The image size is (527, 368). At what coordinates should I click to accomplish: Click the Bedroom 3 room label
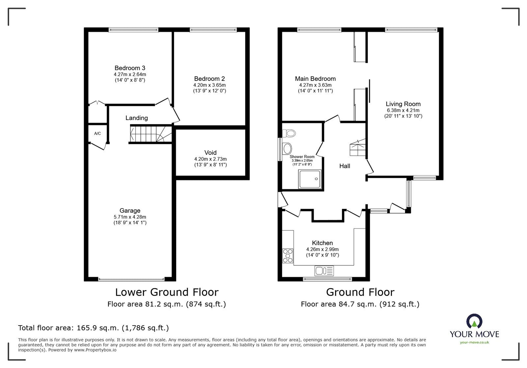click(x=130, y=68)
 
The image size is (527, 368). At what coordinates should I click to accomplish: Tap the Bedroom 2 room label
click(x=209, y=79)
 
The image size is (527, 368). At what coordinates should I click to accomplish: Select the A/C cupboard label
click(x=97, y=134)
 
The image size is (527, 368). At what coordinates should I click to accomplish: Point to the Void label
click(x=210, y=153)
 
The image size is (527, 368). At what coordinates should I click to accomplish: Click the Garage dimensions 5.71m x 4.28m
click(x=130, y=217)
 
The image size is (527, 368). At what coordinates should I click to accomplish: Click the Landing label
click(x=136, y=118)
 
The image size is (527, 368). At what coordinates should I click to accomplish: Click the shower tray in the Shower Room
click(x=310, y=179)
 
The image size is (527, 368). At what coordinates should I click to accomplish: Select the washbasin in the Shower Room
click(x=287, y=148)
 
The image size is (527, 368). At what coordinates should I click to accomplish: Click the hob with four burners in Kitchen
click(x=288, y=256)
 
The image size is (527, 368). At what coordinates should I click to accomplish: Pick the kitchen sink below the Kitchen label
click(x=324, y=271)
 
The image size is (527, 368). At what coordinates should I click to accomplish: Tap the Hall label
click(x=345, y=166)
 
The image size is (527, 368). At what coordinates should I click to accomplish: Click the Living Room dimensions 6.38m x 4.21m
click(x=403, y=110)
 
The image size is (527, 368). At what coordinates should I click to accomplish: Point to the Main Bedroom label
click(x=315, y=79)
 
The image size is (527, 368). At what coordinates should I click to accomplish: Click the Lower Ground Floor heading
click(x=166, y=292)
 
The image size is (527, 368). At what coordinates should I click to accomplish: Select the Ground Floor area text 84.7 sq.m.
click(x=360, y=304)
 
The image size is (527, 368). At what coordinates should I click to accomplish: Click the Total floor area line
click(x=93, y=328)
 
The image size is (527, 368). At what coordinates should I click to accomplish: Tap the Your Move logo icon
click(x=474, y=321)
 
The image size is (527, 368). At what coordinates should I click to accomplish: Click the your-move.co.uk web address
click(x=474, y=342)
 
